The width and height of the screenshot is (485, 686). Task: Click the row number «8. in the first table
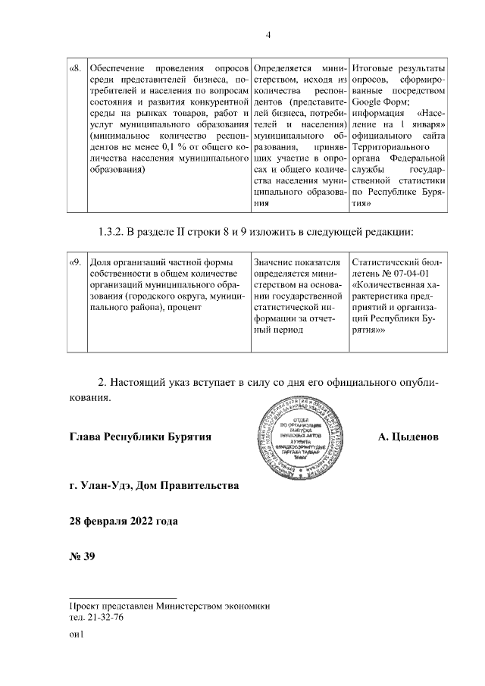(x=76, y=67)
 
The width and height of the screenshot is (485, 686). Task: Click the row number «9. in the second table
(x=76, y=262)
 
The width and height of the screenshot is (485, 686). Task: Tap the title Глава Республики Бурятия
(x=139, y=437)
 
